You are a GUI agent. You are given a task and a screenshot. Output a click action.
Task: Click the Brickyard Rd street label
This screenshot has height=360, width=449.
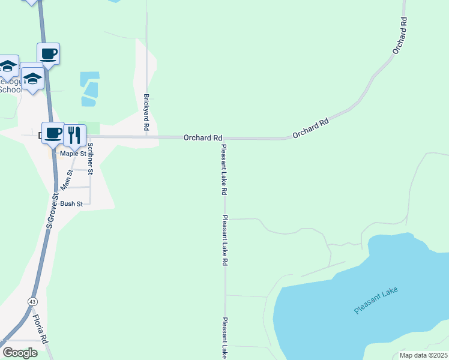tap(146, 112)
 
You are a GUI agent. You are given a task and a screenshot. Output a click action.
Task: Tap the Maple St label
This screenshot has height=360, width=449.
tap(74, 154)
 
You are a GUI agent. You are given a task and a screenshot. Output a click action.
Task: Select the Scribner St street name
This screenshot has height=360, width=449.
tap(91, 159)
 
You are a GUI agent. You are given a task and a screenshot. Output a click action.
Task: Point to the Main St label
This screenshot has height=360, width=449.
tap(68, 180)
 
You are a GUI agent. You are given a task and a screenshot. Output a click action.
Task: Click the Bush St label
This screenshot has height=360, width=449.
tap(71, 204)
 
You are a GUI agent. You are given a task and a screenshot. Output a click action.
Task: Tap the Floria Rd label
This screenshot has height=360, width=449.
tap(40, 328)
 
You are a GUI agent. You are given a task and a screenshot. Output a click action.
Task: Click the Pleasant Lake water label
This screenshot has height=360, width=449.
tap(376, 300)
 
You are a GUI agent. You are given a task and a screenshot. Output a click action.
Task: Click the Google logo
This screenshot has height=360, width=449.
tap(20, 353)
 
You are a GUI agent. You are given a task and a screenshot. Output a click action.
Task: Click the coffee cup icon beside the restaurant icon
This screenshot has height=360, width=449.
tap(53, 133)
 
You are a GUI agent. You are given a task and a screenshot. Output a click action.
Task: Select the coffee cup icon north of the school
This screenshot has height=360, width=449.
tap(48, 54)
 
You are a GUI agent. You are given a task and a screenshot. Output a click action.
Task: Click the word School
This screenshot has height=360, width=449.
tap(10, 90)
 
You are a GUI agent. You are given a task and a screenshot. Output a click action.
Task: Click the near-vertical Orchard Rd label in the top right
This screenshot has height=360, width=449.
tap(400, 36)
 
